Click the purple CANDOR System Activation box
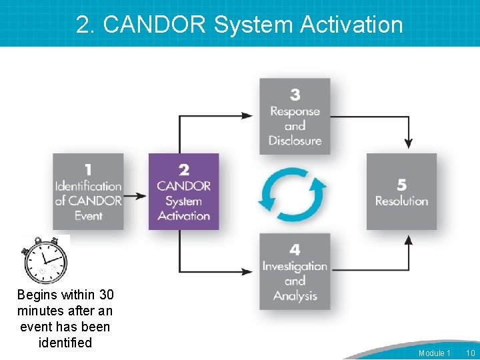tap(183, 192)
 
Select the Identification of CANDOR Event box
tap(88, 192)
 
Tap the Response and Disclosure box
tap(295, 117)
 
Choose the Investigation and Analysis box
tap(295, 271)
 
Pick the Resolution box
tap(401, 192)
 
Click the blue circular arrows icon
tap(293, 194)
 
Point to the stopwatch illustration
tap(45, 260)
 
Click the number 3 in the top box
tap(295, 95)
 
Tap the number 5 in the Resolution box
tap(401, 184)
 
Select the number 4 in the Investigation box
tap(295, 250)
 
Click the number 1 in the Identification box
tap(88, 171)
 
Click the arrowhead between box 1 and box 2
tap(141, 196)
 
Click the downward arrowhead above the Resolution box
tap(408, 143)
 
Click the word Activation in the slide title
tap(351, 25)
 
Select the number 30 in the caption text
tap(106, 295)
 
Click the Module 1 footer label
tap(434, 353)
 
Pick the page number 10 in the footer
tap(470, 353)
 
